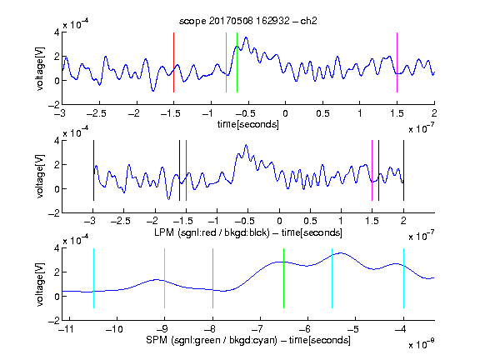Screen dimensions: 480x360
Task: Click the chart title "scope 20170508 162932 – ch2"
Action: [x=248, y=21]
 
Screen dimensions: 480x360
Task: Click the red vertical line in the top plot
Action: [x=173, y=62]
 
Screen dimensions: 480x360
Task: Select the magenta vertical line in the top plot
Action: [x=397, y=62]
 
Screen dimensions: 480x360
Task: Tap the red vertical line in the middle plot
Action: [x=186, y=170]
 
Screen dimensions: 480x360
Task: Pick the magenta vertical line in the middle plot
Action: [x=372, y=170]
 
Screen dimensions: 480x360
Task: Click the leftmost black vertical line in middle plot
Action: [x=93, y=170]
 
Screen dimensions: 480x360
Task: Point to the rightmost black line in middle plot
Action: [x=403, y=170]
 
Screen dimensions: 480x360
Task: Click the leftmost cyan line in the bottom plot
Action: [x=93, y=278]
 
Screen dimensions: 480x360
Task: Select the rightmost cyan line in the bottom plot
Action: [x=403, y=278]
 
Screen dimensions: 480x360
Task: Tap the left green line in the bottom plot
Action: [x=212, y=278]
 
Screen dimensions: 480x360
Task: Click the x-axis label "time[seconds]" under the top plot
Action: [x=248, y=124]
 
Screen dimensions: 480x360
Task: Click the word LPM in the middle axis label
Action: [x=164, y=232]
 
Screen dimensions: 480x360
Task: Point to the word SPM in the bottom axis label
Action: [x=156, y=340]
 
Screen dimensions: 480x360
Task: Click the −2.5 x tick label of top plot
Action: [x=97, y=113]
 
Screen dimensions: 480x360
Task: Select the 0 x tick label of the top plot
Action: [x=285, y=113]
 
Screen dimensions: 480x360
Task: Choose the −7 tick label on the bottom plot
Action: [x=257, y=329]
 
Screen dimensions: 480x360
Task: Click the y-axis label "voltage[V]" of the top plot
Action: [x=40, y=68]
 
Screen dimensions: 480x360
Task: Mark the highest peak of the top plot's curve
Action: [x=246, y=37]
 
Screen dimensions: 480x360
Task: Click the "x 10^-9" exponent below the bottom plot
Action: [x=422, y=344]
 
